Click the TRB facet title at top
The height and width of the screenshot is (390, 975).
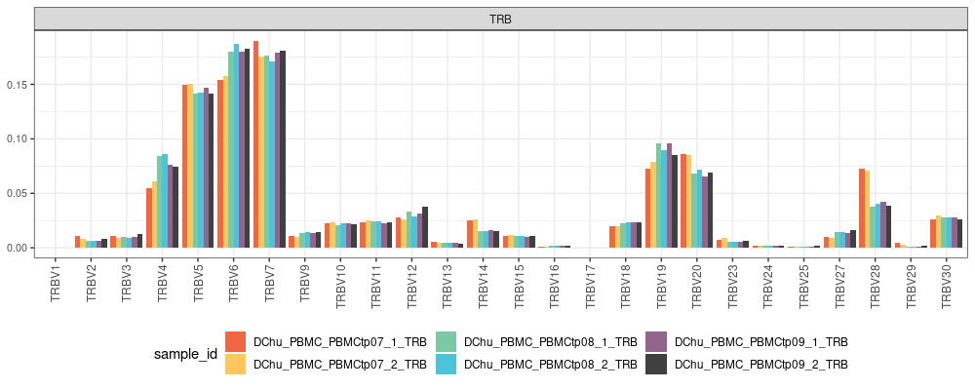[x=501, y=19]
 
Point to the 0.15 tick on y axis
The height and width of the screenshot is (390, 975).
[x=18, y=85]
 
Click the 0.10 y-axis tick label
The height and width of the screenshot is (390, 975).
[x=18, y=138]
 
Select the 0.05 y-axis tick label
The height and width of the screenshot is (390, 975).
[x=18, y=193]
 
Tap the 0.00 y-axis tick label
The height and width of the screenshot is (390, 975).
[x=18, y=248]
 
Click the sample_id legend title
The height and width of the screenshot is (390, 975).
[x=185, y=353]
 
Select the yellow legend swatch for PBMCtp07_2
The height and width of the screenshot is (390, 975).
[x=235, y=364]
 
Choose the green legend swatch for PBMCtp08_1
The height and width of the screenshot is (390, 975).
[x=446, y=342]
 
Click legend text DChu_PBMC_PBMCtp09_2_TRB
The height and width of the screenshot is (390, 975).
[x=761, y=364]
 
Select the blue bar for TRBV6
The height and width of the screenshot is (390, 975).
[x=236, y=146]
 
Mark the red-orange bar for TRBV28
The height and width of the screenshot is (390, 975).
[x=862, y=209]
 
